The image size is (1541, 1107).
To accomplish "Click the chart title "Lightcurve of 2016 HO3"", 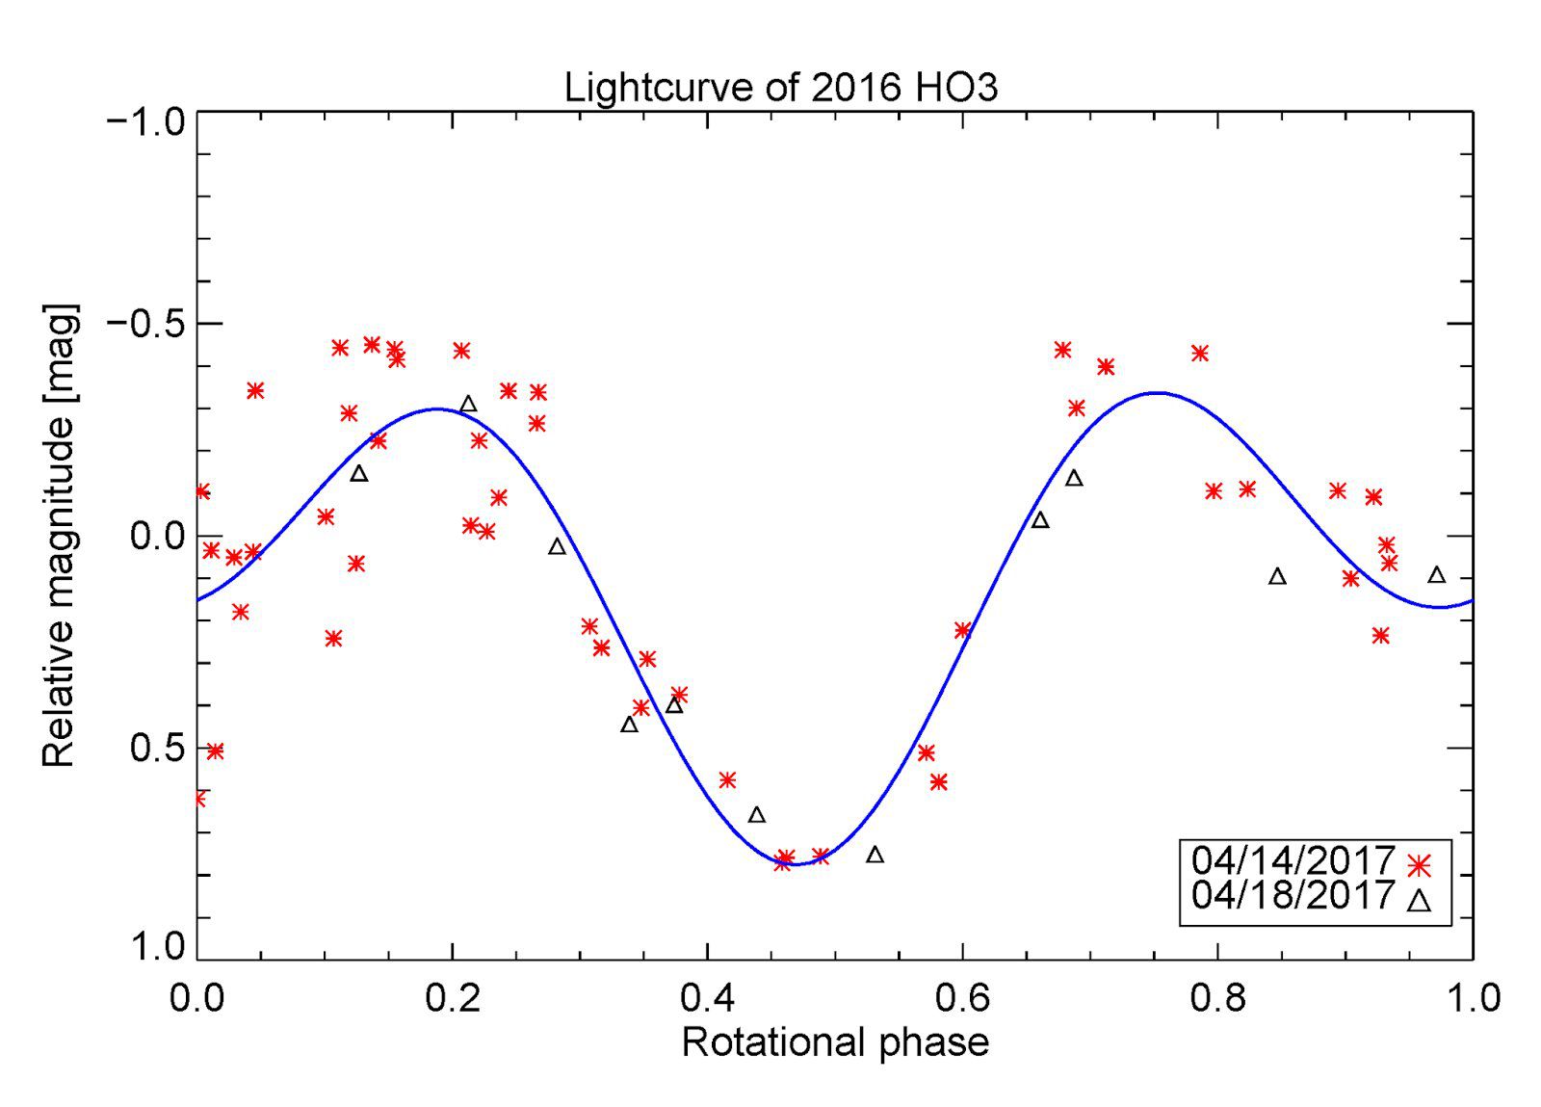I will click(x=781, y=88).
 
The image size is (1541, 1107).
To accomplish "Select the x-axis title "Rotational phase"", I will click(x=835, y=1042).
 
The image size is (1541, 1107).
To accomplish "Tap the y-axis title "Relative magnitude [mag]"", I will click(x=60, y=536).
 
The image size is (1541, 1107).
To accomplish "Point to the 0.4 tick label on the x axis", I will click(x=707, y=998).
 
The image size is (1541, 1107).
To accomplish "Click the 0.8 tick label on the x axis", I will click(x=1217, y=998).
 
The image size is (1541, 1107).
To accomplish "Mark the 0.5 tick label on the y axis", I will click(x=158, y=749).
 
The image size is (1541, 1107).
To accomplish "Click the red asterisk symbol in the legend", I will click(x=1417, y=865).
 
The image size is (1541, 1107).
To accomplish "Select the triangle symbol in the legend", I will click(x=1417, y=901).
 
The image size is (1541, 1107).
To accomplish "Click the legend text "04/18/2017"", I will click(x=1293, y=895).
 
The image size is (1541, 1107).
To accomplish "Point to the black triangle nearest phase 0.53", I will click(x=875, y=855).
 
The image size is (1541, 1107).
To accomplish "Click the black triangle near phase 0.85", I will click(x=1277, y=576).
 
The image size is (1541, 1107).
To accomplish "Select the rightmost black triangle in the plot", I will click(x=1436, y=575).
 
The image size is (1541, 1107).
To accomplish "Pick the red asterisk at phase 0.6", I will click(x=962, y=630).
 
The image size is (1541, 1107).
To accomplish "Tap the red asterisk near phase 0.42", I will click(x=727, y=779).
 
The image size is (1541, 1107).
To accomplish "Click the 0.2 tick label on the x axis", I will click(x=452, y=998).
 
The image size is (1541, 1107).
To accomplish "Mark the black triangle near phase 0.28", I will click(x=557, y=546).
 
